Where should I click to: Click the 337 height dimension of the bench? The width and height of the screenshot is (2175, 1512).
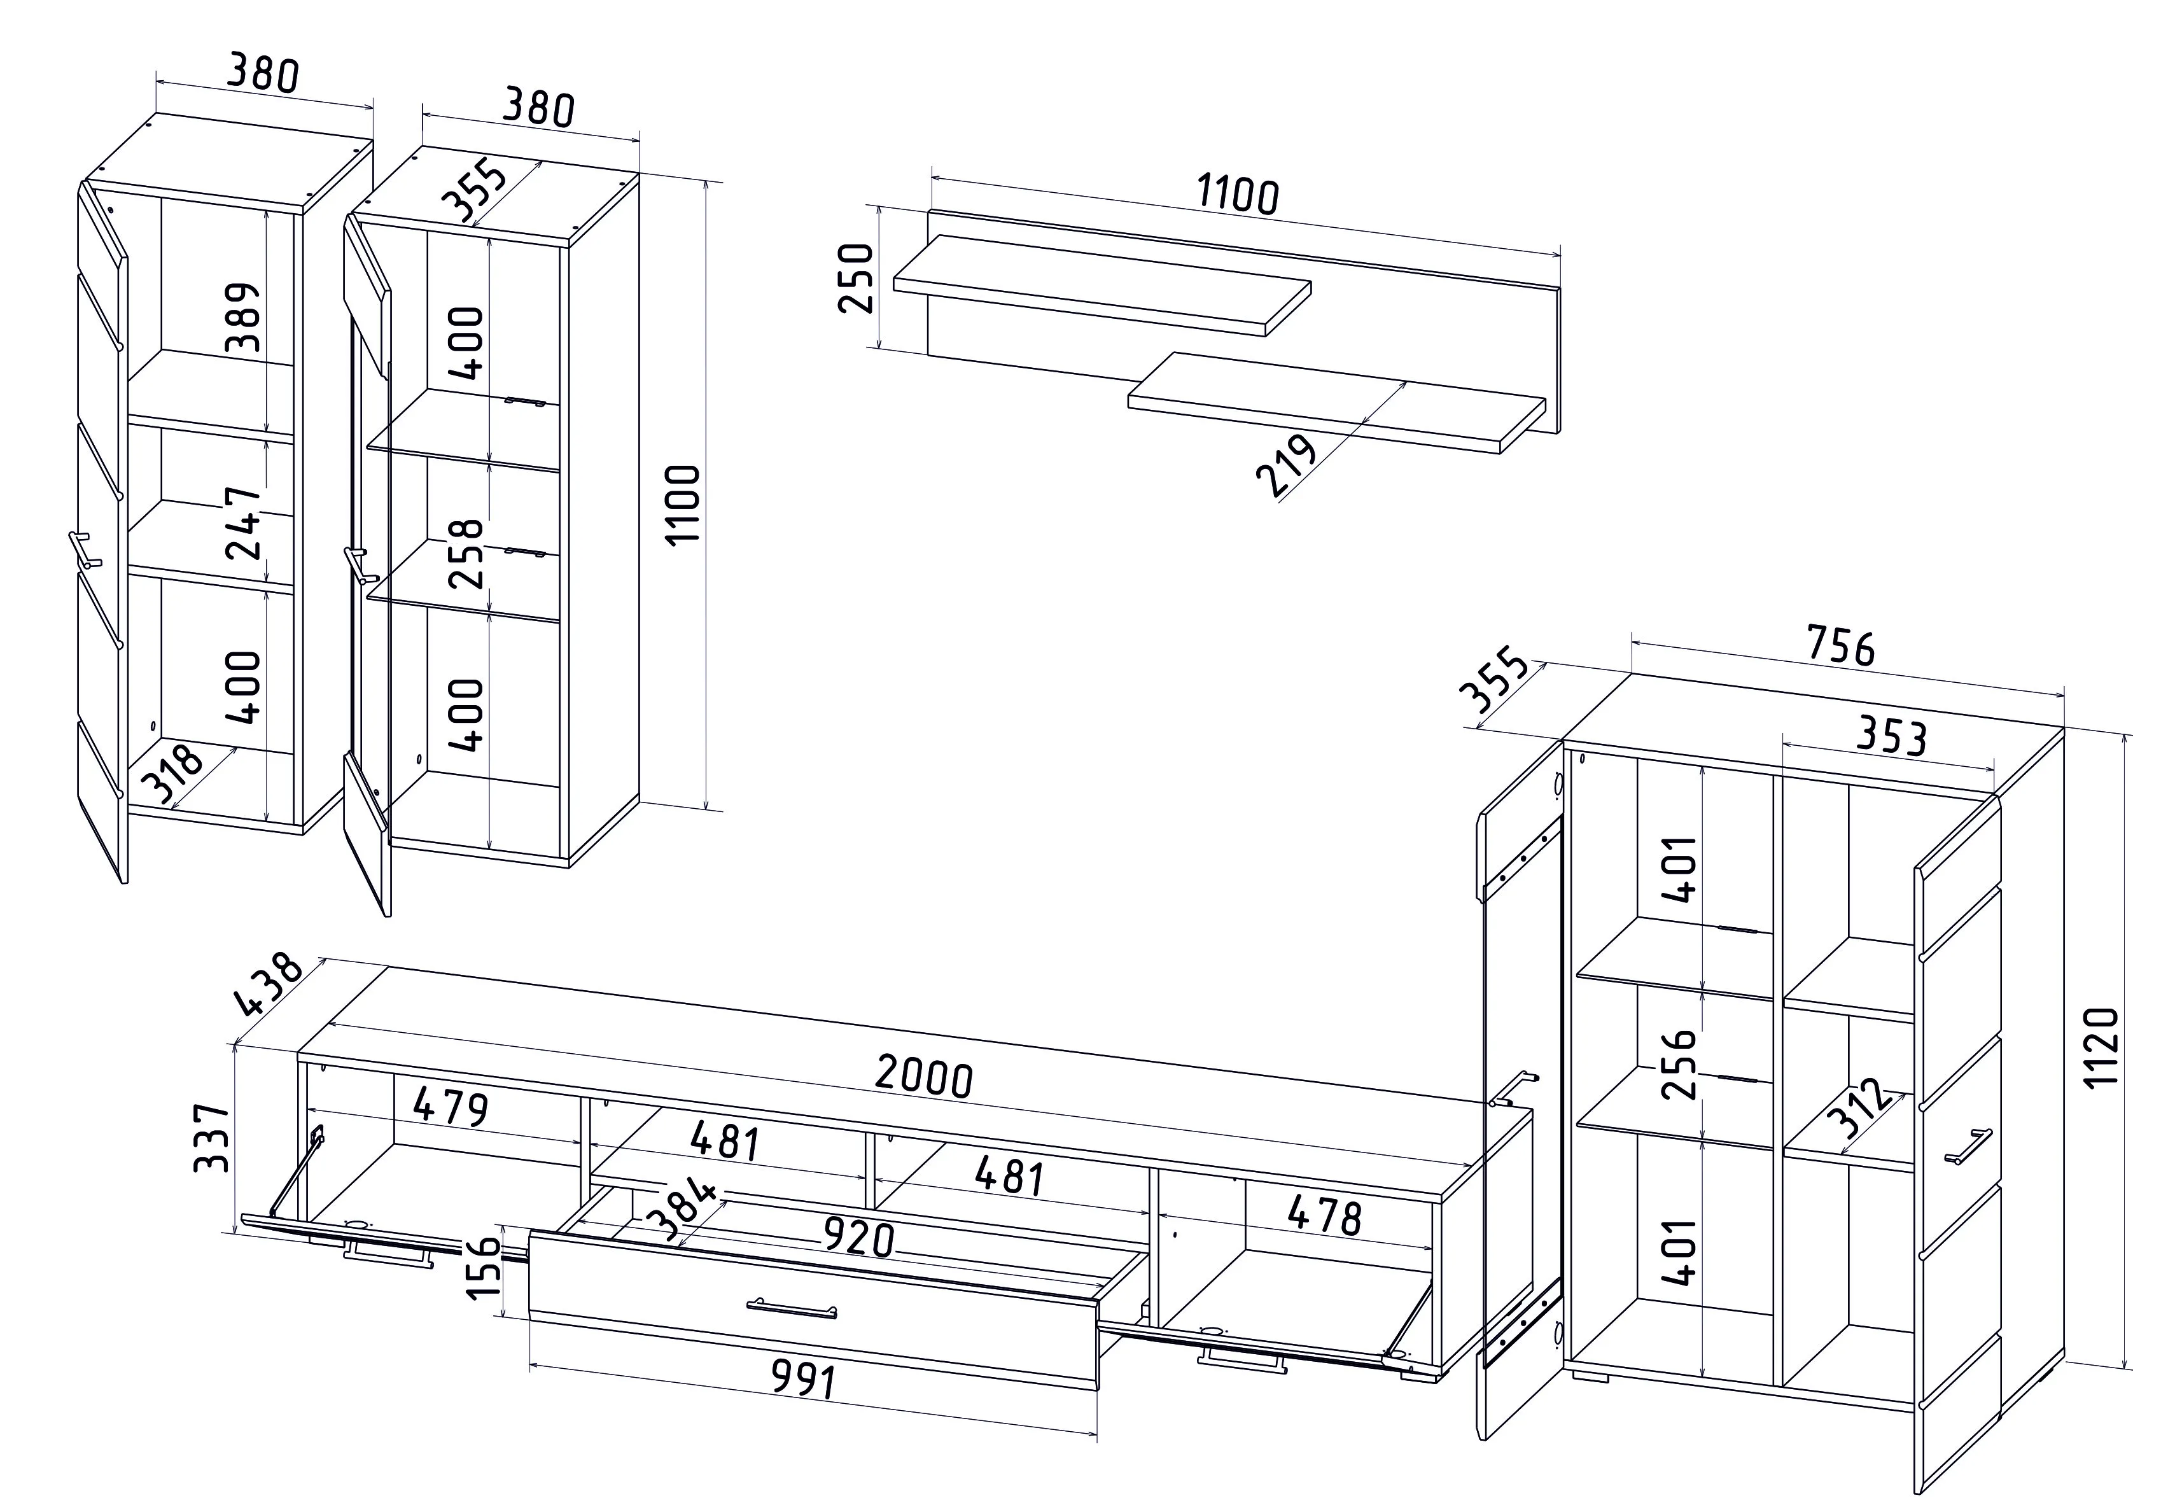tap(211, 1137)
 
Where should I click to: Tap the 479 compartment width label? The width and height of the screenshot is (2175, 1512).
tap(451, 1107)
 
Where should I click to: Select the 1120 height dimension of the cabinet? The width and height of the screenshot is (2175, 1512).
tap(2101, 1048)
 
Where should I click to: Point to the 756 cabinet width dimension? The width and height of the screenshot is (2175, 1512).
tap(1840, 645)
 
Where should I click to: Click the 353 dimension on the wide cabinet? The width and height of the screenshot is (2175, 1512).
tap(1891, 736)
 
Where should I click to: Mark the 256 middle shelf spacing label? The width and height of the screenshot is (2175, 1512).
tap(1681, 1064)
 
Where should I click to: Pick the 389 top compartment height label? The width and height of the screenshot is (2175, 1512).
tap(244, 316)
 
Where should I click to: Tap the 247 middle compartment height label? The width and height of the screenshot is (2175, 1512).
tap(244, 523)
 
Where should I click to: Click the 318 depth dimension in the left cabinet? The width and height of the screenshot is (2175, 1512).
tap(172, 773)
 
